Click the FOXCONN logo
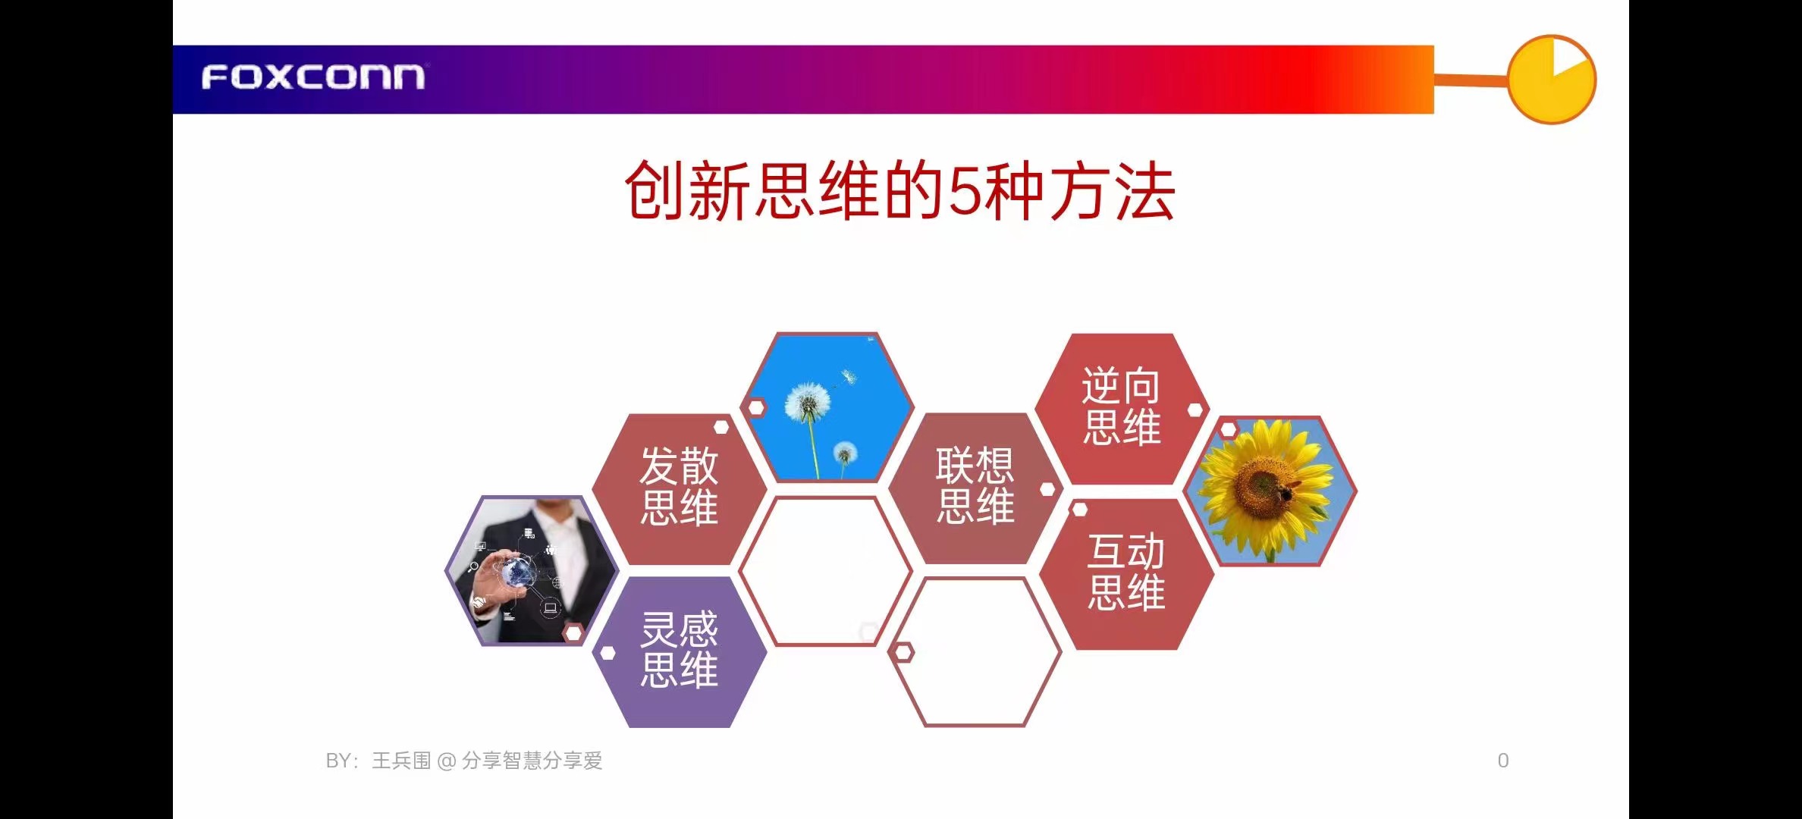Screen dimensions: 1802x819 [x=313, y=77]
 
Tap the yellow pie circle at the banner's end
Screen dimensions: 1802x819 [x=1551, y=80]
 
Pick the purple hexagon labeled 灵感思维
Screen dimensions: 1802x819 [x=680, y=651]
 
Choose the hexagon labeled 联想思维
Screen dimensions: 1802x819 [x=975, y=488]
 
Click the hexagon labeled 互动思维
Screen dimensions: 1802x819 [x=1126, y=573]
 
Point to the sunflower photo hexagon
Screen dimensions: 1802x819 [x=1270, y=491]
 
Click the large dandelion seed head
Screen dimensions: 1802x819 [x=808, y=401]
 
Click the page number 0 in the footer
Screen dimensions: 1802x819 [x=1502, y=761]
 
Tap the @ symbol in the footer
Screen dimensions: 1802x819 [x=446, y=761]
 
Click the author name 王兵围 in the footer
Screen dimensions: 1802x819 [x=401, y=761]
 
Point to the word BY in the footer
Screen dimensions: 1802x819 [x=338, y=761]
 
